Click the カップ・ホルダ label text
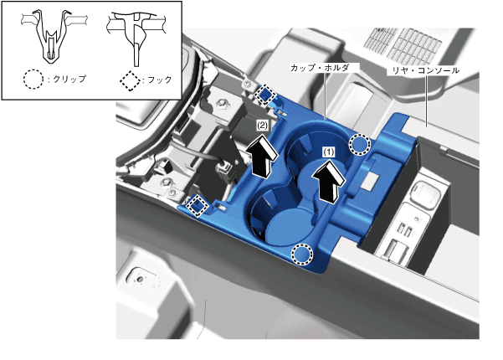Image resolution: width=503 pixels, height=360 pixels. [x=320, y=68]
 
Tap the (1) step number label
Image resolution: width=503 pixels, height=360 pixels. [x=328, y=152]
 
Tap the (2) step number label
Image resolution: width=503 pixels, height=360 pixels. [x=262, y=126]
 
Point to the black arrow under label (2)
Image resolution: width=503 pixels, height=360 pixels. [x=263, y=157]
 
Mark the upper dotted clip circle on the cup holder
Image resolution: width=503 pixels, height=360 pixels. [x=360, y=145]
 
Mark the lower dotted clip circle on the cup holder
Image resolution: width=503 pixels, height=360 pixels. [x=301, y=255]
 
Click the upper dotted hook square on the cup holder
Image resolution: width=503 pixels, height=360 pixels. [x=265, y=95]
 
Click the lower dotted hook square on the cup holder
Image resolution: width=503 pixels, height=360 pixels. [x=198, y=206]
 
